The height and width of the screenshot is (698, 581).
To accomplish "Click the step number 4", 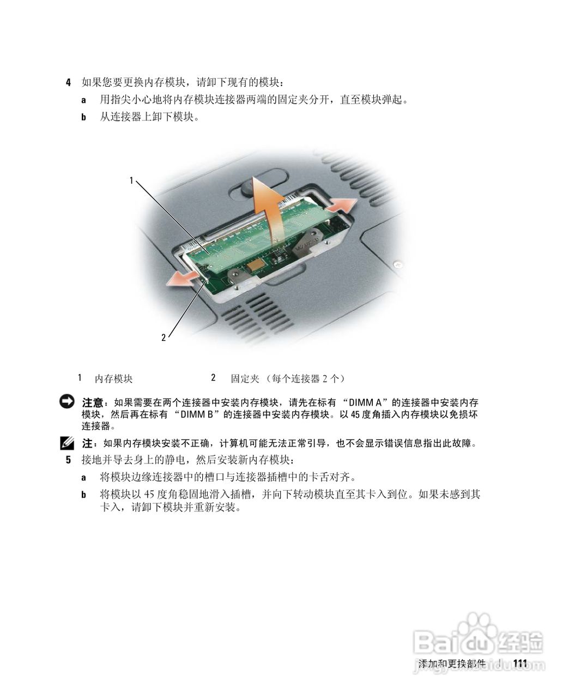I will [68, 83].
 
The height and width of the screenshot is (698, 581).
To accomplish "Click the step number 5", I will [68, 460].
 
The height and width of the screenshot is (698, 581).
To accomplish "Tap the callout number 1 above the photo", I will [131, 180].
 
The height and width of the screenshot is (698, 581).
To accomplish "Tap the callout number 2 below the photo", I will [163, 338].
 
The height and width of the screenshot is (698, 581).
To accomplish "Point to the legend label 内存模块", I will [113, 378].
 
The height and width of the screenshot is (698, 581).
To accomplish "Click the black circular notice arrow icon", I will [67, 402].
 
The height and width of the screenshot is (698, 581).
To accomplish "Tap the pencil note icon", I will [67, 442].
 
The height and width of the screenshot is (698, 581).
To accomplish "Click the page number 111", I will [521, 664].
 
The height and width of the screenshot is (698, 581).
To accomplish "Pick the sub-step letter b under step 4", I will [84, 117].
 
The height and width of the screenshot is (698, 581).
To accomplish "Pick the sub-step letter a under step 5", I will [84, 477].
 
